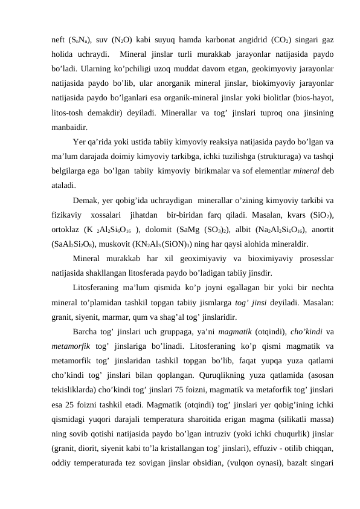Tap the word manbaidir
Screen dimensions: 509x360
point(69,127)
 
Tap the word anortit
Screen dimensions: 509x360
point(321,230)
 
